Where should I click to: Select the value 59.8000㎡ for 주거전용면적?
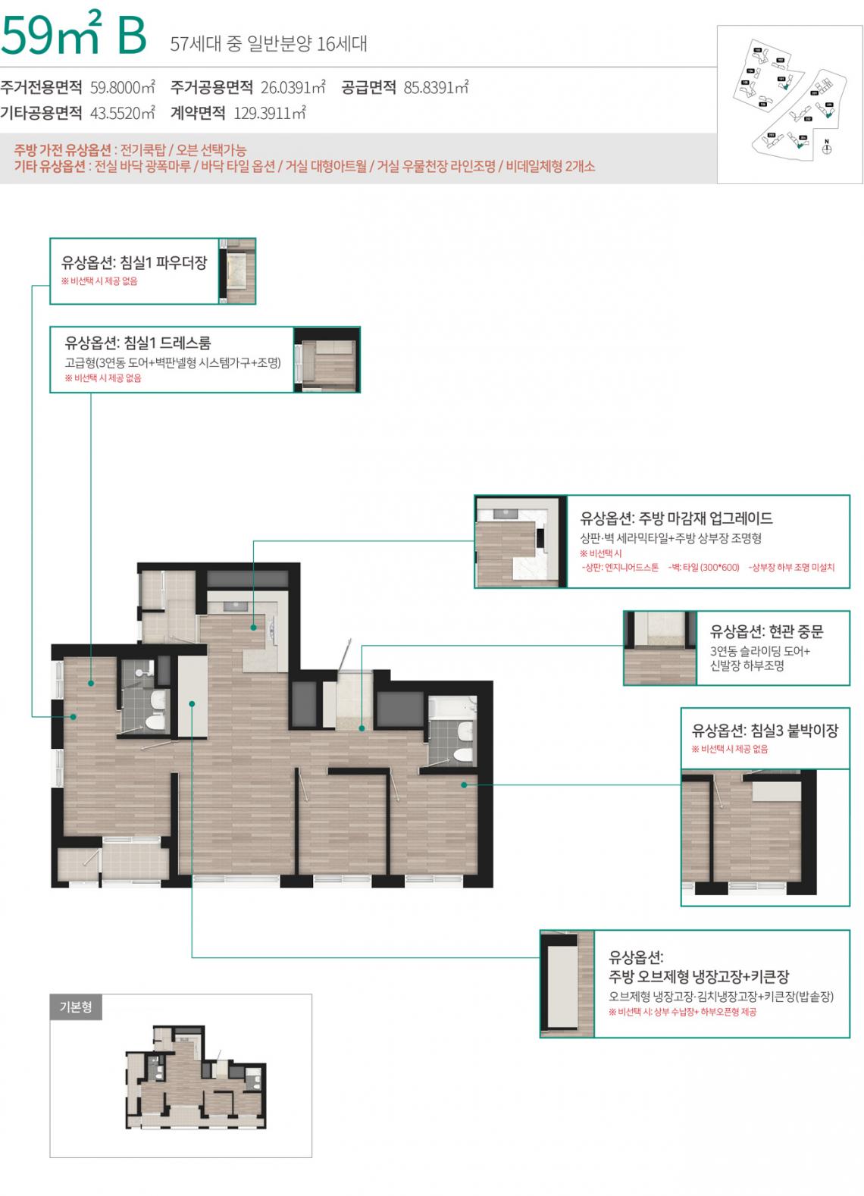(x=122, y=87)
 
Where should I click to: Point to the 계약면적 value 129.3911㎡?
(x=269, y=114)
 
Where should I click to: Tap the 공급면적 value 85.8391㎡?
(x=436, y=87)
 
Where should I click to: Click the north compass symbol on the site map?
(x=827, y=148)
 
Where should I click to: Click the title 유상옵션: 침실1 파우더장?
(x=134, y=262)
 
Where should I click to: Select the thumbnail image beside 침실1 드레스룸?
(x=327, y=360)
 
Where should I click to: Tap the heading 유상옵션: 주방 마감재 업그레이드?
(x=676, y=518)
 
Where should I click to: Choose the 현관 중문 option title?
(x=766, y=631)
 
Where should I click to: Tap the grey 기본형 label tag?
(x=76, y=1007)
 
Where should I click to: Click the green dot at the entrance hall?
(x=362, y=728)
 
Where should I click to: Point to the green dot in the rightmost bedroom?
(x=464, y=785)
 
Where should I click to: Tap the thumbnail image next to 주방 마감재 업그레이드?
(x=520, y=541)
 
